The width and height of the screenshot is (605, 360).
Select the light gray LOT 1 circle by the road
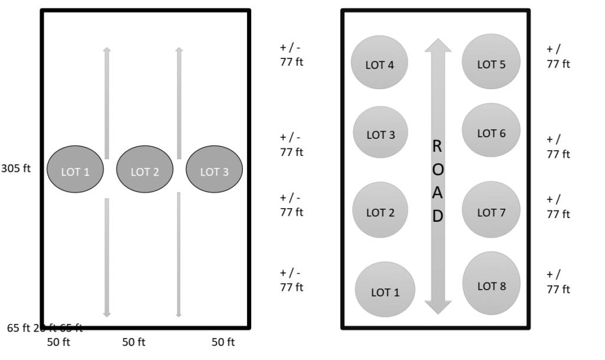click(x=385, y=290)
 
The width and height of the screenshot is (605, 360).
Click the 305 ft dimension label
click(x=16, y=168)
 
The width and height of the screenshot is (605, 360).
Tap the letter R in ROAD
click(x=437, y=147)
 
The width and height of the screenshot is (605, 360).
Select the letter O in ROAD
click(x=438, y=170)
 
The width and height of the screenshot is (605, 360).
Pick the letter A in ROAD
click(x=438, y=193)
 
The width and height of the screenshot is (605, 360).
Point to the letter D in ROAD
click(x=438, y=216)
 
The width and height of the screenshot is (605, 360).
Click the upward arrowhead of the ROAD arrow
click(x=438, y=45)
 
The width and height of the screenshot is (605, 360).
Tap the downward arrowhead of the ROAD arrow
click(x=438, y=307)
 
